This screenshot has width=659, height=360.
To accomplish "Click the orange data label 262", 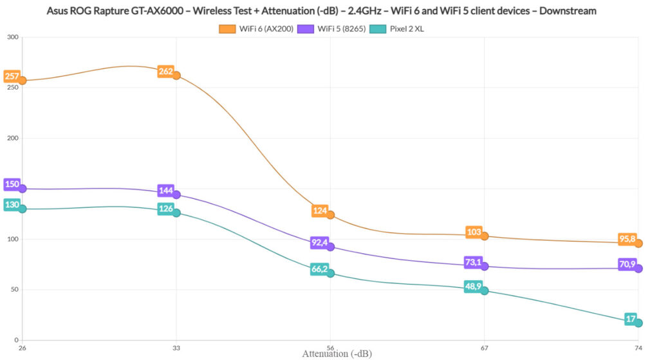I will [165, 71].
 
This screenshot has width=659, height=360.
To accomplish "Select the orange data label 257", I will [12, 76].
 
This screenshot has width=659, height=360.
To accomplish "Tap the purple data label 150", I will [12, 184].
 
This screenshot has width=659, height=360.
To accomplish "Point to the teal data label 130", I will [12, 204].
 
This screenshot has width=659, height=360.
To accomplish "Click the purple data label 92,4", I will [320, 243].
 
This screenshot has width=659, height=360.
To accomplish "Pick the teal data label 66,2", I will [320, 269].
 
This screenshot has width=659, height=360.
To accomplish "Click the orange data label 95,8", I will [627, 240].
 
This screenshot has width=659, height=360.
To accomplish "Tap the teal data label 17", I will [631, 319].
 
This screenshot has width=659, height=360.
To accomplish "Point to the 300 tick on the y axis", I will [12, 37].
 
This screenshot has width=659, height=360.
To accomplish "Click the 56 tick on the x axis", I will [330, 348].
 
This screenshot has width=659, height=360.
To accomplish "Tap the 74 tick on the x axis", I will [638, 348].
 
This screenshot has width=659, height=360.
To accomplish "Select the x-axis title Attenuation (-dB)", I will [337, 354].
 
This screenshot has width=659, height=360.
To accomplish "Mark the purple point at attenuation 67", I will [484, 266].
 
